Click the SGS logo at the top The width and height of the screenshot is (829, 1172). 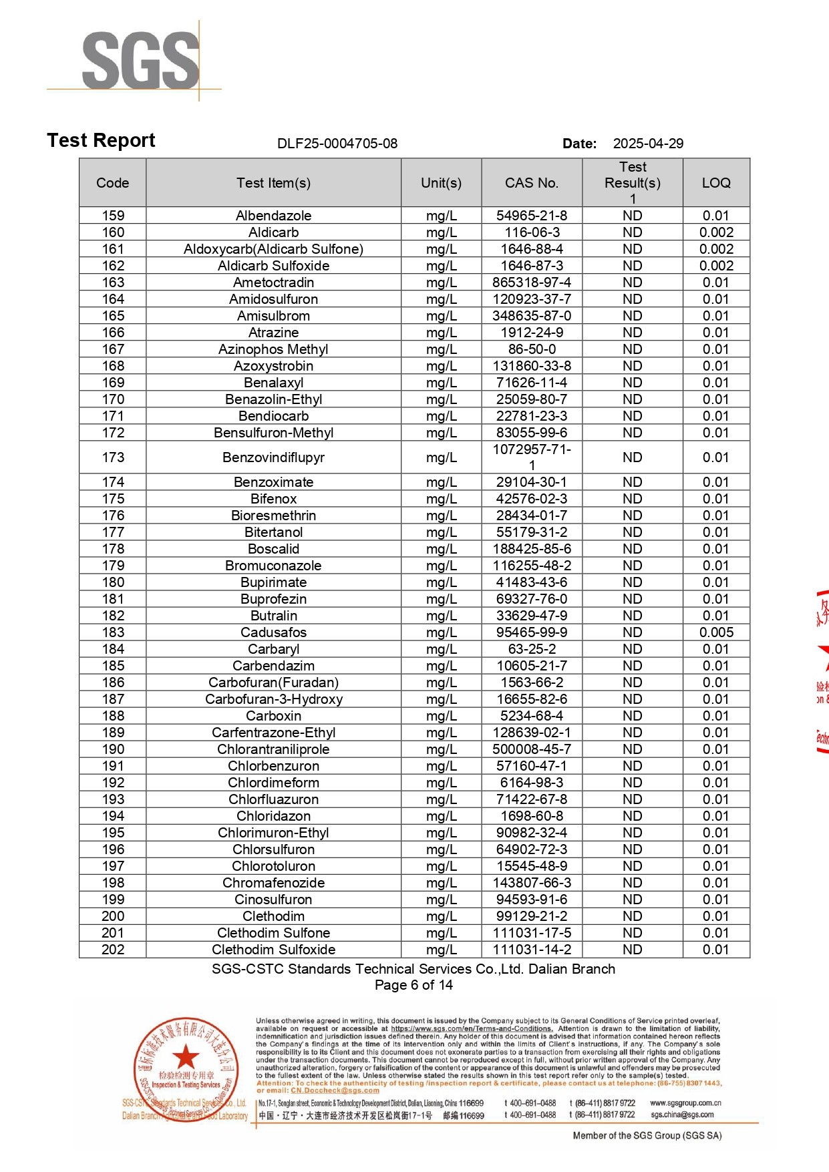click(x=140, y=60)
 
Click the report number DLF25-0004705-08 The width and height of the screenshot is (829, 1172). click(x=337, y=144)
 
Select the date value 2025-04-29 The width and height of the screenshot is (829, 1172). click(x=648, y=144)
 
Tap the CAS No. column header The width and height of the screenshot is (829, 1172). click(x=532, y=183)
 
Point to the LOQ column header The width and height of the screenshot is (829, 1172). click(x=716, y=183)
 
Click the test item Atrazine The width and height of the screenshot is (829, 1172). click(x=273, y=333)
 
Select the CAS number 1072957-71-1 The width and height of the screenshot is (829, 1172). click(x=532, y=457)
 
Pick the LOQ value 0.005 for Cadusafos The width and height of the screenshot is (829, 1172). click(x=716, y=632)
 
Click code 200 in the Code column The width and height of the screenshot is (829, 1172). click(x=113, y=916)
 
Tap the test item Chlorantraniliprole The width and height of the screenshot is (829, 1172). click(x=273, y=749)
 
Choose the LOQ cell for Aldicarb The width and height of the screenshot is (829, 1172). click(x=716, y=232)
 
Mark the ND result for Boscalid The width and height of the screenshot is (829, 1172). click(x=632, y=549)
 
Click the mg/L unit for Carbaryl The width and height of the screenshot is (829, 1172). click(x=441, y=649)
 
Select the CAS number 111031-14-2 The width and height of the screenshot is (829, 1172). click(x=532, y=950)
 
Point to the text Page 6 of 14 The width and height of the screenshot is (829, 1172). click(x=413, y=985)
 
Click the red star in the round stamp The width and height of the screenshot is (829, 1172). click(x=186, y=1058)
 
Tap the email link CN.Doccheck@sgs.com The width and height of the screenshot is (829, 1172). click(x=335, y=1091)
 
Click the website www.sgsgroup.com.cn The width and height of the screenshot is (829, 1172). click(x=685, y=1103)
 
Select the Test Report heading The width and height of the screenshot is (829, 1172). click(x=102, y=141)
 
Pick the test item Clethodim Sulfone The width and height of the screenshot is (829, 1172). click(x=273, y=933)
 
